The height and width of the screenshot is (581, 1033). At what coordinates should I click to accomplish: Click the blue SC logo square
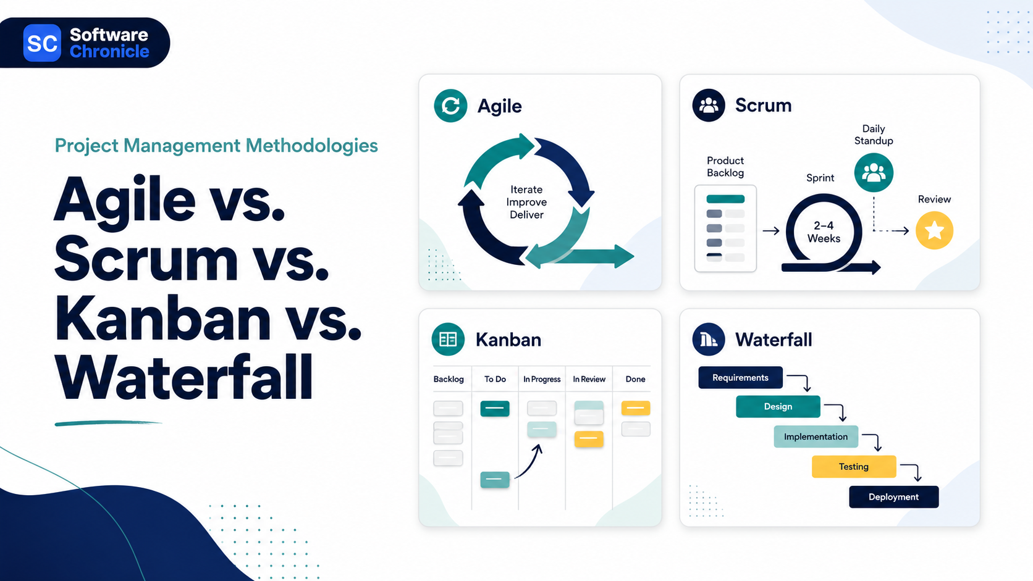[x=42, y=43]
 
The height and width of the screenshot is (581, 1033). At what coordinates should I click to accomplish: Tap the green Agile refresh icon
[x=450, y=106]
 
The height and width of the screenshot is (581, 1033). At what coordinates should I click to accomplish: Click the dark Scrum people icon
[x=709, y=105]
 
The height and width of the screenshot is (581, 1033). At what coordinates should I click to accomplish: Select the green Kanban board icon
[x=448, y=339]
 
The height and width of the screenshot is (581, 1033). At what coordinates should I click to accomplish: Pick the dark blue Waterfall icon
[x=709, y=339]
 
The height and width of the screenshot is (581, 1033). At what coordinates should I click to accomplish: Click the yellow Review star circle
[x=934, y=230]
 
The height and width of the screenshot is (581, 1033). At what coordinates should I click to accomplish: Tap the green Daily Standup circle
[x=874, y=173]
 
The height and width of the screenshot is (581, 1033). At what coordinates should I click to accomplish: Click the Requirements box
[x=740, y=378]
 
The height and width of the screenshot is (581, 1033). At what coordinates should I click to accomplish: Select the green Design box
[x=778, y=406]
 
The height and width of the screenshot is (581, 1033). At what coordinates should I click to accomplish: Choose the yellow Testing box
[x=854, y=467]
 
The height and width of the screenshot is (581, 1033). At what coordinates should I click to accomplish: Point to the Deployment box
[x=894, y=496]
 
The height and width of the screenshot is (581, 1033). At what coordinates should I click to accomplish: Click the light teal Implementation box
[x=816, y=437]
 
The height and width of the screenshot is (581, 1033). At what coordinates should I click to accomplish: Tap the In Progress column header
[x=542, y=379]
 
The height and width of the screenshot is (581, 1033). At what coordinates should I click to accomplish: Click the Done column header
[x=635, y=379]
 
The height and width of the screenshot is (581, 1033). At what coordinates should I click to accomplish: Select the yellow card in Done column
[x=636, y=408]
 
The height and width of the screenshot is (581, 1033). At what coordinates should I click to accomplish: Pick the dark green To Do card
[x=495, y=408]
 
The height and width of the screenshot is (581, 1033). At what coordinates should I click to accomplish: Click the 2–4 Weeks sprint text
[x=824, y=232]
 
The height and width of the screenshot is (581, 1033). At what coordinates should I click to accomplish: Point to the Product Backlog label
[x=725, y=166]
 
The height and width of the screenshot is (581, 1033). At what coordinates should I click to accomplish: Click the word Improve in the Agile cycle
[x=526, y=202]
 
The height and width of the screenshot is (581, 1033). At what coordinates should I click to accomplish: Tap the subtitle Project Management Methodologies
[x=216, y=146]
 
